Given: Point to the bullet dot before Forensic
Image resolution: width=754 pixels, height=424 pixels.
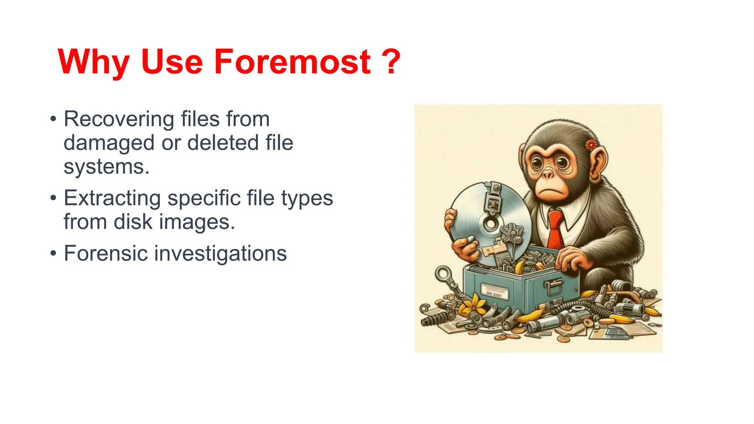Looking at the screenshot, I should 54,253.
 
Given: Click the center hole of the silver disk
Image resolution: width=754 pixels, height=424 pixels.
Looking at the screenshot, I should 491,223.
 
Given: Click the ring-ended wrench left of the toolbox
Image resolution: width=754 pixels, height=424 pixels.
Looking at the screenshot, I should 444,276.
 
